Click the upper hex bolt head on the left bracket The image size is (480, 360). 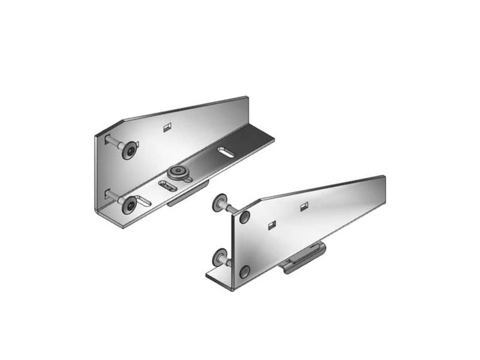(x=129, y=149)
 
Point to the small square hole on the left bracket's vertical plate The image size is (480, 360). (x=166, y=126)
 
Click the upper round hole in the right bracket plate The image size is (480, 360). (x=245, y=218)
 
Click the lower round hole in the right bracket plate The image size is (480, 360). (x=245, y=272)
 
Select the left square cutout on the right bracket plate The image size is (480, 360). (x=272, y=224)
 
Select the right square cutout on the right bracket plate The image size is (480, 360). (x=303, y=206)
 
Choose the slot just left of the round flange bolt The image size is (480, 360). (x=168, y=185)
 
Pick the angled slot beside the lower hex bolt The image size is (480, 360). (x=144, y=202)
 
